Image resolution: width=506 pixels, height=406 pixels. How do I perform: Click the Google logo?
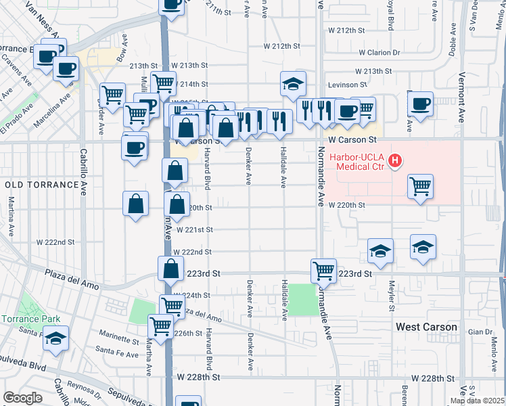pyautogui.click(x=22, y=398)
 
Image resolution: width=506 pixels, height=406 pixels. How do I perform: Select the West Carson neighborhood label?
pyautogui.click(x=426, y=327)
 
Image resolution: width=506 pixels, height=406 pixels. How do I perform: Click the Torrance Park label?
pyautogui.click(x=30, y=319)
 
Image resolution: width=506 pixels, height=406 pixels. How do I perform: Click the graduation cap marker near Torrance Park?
pyautogui.click(x=55, y=338)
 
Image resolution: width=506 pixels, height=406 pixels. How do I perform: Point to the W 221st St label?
pyautogui.click(x=195, y=229)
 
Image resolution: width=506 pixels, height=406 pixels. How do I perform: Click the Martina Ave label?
pyautogui.click(x=11, y=216)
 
